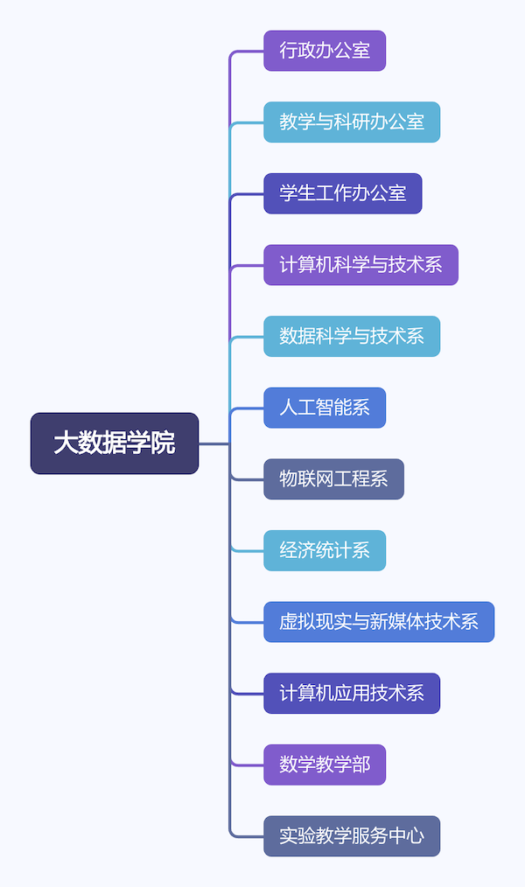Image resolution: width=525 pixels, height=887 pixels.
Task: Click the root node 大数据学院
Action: (115, 443)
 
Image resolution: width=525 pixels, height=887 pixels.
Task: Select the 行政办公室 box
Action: (325, 51)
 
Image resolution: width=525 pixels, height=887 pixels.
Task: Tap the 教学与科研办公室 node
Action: (352, 122)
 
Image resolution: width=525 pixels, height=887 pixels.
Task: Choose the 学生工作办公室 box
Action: (343, 193)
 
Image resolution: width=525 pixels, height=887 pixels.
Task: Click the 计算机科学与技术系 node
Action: (360, 265)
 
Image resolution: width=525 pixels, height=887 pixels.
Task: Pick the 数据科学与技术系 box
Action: (352, 337)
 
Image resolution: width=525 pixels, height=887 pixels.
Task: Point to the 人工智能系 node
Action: (325, 408)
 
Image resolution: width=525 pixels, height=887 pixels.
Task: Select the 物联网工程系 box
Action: (333, 479)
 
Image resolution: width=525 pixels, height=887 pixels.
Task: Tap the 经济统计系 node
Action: (325, 551)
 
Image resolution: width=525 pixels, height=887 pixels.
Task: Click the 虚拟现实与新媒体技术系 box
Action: (379, 622)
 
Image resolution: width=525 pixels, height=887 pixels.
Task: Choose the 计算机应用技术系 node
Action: (352, 694)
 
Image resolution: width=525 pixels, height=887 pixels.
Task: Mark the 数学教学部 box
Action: (325, 765)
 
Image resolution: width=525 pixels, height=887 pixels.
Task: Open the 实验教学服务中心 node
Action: (352, 836)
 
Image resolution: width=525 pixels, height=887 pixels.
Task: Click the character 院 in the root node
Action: (164, 443)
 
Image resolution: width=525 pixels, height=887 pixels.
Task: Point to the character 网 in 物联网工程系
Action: (325, 479)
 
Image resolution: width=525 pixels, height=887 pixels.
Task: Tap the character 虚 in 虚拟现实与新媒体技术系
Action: (289, 622)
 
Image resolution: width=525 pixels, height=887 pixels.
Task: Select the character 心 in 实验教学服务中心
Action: (415, 836)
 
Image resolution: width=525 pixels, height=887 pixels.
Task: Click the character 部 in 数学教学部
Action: (360, 765)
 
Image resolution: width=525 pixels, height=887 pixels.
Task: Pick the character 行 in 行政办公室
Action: (289, 51)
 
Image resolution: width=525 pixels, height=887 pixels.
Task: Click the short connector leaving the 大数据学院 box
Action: (213, 443)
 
